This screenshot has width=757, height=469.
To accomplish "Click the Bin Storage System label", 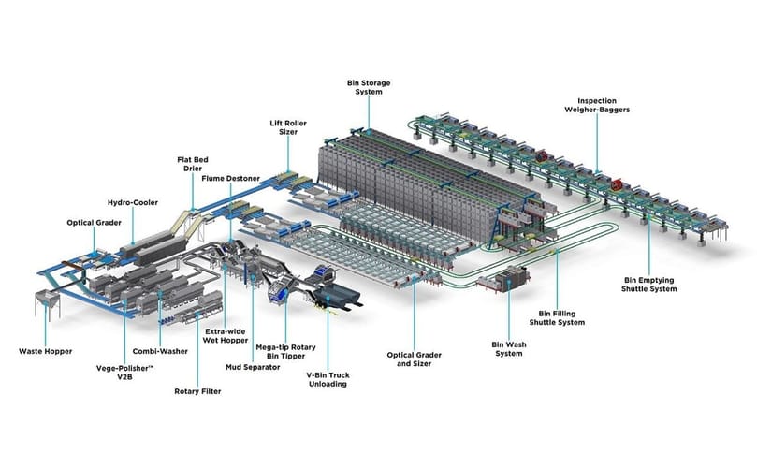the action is (x=369, y=87).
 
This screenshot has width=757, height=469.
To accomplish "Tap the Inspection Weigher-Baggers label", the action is (x=597, y=105).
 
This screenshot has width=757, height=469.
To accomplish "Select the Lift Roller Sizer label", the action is (x=288, y=127).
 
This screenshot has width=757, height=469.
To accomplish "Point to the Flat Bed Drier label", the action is (x=192, y=164).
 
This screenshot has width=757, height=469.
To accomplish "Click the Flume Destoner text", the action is (x=231, y=179).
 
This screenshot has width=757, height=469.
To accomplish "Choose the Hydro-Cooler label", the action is (x=133, y=203).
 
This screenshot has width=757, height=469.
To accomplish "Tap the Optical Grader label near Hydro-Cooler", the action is (x=95, y=223).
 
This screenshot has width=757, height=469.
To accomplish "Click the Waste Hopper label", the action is (x=45, y=352).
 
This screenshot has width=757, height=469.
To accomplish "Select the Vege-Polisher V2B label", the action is (x=124, y=373).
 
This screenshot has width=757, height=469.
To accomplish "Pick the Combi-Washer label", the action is (x=160, y=352).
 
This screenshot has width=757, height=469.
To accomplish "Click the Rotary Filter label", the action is (x=197, y=391).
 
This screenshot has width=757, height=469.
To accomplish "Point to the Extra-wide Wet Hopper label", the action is (x=225, y=336).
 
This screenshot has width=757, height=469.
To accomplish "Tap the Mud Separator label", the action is (x=253, y=368).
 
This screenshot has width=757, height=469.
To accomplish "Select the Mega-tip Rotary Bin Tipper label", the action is (x=285, y=352).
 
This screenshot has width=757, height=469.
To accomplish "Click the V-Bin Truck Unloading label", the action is (x=328, y=380).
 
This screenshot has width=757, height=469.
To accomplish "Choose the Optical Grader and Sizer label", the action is (x=415, y=359).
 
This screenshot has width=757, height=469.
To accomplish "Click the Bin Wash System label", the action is (x=509, y=349).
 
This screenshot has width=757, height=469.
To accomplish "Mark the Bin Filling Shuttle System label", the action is (x=557, y=318).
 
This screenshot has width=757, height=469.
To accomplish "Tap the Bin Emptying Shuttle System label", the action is (x=648, y=285).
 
